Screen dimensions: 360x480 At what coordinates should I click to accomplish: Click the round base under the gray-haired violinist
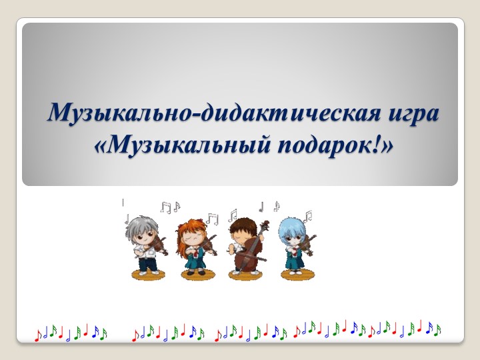(x=148, y=274)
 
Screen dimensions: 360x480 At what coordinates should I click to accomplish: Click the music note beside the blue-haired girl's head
(x=308, y=216)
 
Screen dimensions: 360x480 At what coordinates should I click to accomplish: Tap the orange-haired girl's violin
(x=207, y=247)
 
